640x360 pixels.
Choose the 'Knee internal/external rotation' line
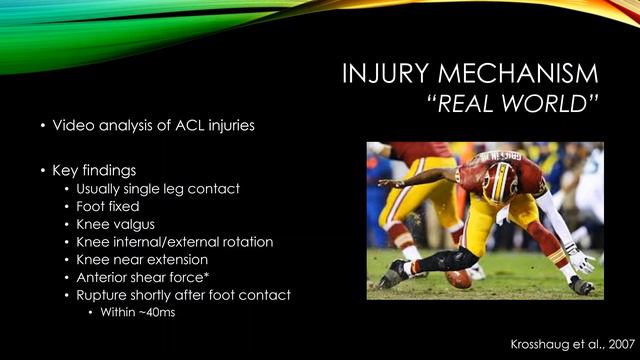pyautogui.click(x=174, y=241)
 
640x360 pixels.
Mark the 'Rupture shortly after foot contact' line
pyautogui.click(x=183, y=294)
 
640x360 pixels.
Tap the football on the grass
pyautogui.click(x=460, y=279)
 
